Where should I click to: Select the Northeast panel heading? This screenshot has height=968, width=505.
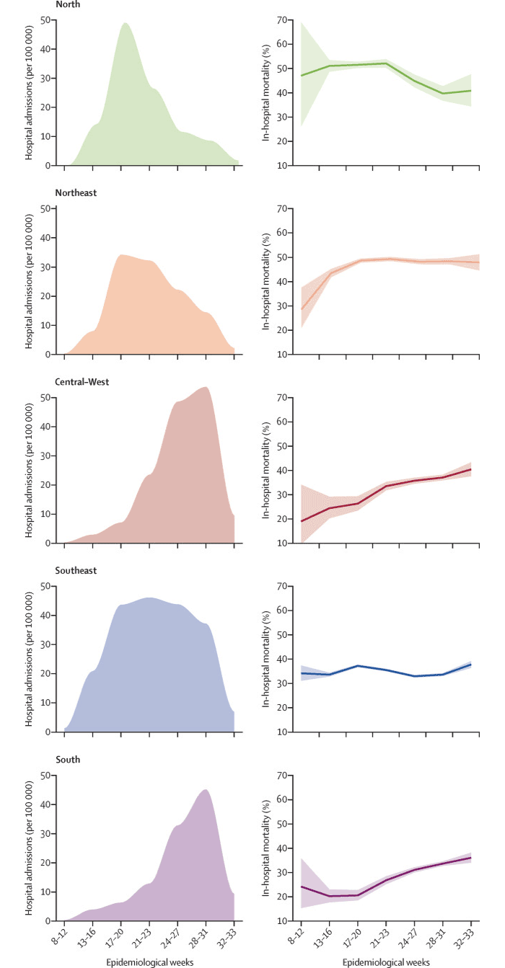click(76, 193)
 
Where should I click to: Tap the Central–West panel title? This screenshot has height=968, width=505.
click(82, 382)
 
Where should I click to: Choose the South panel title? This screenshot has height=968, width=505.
click(67, 760)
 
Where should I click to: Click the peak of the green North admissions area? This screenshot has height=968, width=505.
click(126, 23)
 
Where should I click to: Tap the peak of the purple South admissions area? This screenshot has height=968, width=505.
click(206, 790)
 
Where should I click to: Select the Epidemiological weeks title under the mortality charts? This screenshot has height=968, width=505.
click(386, 962)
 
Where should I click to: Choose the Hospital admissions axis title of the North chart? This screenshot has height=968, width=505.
click(30, 92)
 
